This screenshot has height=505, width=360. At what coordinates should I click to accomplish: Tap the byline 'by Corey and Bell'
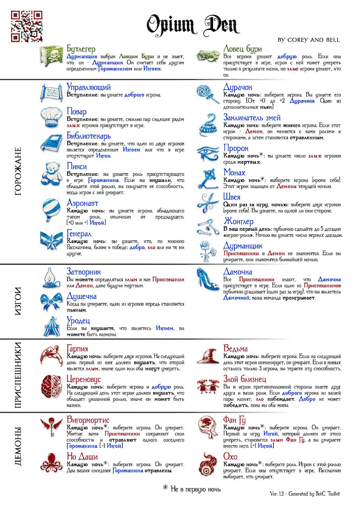pos(308,39)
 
